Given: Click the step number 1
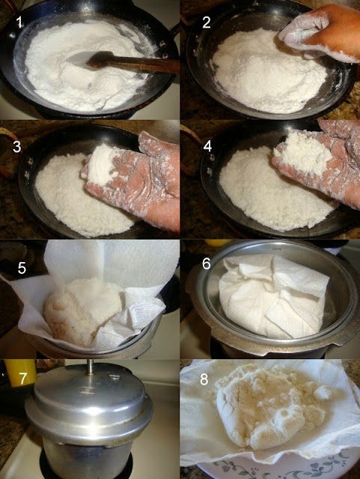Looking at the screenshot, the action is click(19, 22).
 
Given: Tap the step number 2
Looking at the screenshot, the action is click(207, 22).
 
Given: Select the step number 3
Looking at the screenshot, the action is click(16, 147).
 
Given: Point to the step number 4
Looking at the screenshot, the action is click(207, 147).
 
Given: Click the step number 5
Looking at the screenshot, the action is click(22, 268).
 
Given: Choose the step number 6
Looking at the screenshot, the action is click(207, 263).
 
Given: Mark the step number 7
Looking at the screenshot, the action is click(23, 378).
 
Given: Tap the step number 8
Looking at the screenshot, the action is click(204, 379).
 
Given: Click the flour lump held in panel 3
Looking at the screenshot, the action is click(102, 165).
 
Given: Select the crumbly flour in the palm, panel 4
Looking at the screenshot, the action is click(302, 153).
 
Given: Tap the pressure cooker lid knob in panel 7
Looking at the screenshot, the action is click(90, 366).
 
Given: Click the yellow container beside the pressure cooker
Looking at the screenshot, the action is click(20, 373).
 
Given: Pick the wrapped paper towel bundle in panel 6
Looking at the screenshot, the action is click(273, 296).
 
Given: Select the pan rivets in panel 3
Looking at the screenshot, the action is click(28, 168).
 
